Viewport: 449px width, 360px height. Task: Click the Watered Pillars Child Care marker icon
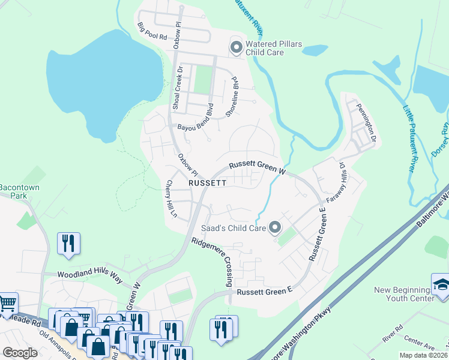pyautogui.click(x=236, y=46)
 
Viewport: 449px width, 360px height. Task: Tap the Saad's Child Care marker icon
pyautogui.click(x=275, y=227)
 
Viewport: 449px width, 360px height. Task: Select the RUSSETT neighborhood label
pyautogui.click(x=207, y=182)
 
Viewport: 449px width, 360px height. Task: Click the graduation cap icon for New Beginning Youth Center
pyautogui.click(x=440, y=284)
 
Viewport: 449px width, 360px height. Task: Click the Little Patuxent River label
pyautogui.click(x=409, y=139)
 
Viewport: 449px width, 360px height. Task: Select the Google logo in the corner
pyautogui.click(x=20, y=352)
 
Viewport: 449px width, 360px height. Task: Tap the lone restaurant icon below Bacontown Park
pyautogui.click(x=68, y=244)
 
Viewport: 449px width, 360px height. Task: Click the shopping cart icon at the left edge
pyautogui.click(x=7, y=302)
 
